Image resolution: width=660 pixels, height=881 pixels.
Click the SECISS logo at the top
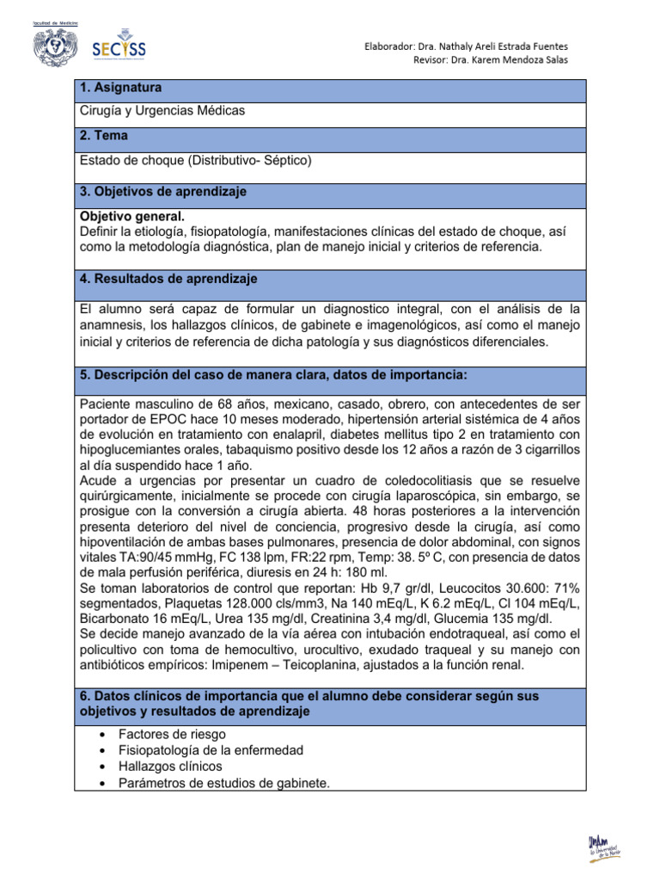coord(118,48)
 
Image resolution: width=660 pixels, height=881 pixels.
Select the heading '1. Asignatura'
coord(120,88)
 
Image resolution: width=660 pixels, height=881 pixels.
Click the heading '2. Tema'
coord(105,136)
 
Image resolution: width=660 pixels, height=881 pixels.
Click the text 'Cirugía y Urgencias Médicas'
coord(162,111)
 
